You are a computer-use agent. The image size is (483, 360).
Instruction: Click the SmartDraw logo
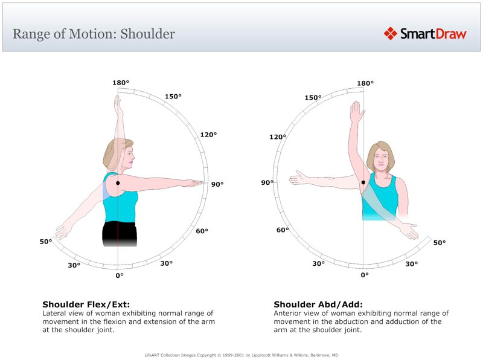point(425,34)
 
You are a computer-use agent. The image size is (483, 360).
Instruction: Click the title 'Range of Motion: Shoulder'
point(94,34)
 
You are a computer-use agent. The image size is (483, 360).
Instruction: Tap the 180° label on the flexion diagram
point(121,83)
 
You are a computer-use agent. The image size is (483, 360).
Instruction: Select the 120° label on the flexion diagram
point(208,135)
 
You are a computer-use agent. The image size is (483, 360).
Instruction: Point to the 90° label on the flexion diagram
point(217,184)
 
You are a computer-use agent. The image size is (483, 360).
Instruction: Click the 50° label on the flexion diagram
point(46,242)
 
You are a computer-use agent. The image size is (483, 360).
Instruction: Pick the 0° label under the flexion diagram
point(120,275)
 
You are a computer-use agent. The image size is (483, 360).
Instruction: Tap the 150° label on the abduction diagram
point(312,98)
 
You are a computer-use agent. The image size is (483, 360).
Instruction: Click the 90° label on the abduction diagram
point(267,182)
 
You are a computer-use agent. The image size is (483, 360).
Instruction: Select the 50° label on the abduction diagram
point(440,243)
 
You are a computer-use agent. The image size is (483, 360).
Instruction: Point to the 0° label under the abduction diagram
point(365,275)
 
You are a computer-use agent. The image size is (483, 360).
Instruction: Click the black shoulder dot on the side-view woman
point(118,182)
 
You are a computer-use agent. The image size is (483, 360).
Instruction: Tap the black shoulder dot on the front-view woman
point(363,182)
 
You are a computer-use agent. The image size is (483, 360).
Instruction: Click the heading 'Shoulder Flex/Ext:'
point(86,304)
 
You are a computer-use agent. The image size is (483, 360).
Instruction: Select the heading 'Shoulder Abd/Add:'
point(318,304)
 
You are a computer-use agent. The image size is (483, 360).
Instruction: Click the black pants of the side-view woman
point(118,233)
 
